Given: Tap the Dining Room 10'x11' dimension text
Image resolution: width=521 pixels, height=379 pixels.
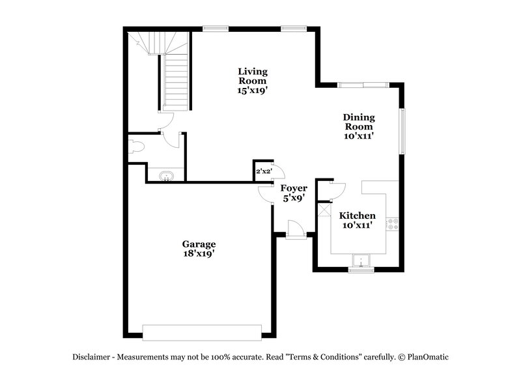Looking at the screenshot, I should pyautogui.click(x=359, y=137).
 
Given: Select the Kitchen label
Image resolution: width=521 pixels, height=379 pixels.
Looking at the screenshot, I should pyautogui.click(x=357, y=216).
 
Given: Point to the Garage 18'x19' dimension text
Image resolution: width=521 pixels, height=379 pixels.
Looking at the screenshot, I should pyautogui.click(x=199, y=254).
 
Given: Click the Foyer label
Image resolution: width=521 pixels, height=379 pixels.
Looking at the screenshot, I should pyautogui.click(x=294, y=188).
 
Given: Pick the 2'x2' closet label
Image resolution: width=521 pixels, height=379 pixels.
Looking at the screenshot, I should pyautogui.click(x=263, y=171).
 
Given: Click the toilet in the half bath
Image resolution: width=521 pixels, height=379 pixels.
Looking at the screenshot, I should pyautogui.click(x=136, y=146).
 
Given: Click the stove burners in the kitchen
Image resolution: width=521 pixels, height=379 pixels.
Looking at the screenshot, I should pyautogui.click(x=393, y=224).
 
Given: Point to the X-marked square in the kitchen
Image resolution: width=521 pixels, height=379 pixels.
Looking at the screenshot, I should pyautogui.click(x=324, y=212).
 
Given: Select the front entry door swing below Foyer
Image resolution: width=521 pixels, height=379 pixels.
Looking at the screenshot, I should pyautogui.click(x=294, y=227).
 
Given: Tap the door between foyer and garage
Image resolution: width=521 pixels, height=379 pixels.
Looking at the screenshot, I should pyautogui.click(x=266, y=193).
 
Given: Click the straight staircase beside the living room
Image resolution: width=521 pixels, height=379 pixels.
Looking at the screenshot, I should pyautogui.click(x=175, y=81).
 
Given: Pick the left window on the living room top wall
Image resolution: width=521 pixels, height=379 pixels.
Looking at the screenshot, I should pyautogui.click(x=215, y=28).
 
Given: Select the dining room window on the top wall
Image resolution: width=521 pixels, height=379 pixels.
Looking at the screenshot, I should pyautogui.click(x=363, y=84).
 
